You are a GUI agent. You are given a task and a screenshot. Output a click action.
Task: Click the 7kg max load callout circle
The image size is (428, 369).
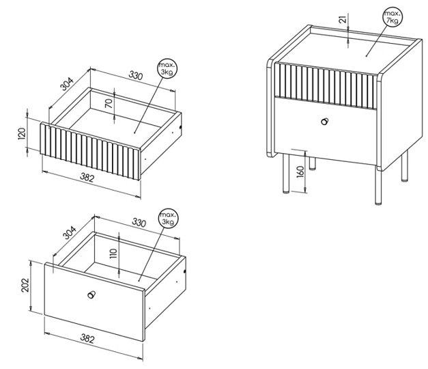(x=393, y=16)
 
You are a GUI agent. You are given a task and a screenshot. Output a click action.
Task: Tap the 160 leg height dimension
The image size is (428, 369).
(x=300, y=172)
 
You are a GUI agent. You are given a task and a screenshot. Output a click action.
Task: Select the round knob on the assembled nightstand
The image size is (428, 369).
(x=325, y=122)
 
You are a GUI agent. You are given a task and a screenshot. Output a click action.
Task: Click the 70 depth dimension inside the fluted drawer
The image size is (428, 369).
(x=109, y=103)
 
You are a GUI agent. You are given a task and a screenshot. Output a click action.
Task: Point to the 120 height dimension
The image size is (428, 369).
(x=22, y=134)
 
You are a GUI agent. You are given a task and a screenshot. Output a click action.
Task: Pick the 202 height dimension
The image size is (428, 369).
(x=25, y=285)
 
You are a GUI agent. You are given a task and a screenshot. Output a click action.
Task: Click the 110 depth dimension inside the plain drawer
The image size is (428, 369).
(x=113, y=254)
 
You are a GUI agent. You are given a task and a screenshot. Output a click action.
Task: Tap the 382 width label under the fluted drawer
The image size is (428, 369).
(x=87, y=178)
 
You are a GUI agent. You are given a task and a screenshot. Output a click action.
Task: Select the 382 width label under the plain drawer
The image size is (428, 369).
(x=87, y=339)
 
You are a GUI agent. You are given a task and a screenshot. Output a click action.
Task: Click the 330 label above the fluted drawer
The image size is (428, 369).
(x=136, y=75)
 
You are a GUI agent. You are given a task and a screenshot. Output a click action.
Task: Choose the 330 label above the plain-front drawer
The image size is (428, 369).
(x=139, y=223)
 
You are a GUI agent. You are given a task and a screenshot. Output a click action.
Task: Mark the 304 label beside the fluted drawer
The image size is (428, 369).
(x=67, y=84)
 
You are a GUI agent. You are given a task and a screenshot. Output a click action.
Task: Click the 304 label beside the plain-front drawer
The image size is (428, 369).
(x=70, y=232)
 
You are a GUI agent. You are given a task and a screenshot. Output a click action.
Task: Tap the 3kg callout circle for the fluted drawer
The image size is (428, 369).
(x=167, y=68)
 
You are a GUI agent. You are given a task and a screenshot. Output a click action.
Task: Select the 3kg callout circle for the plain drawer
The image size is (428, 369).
(x=168, y=218)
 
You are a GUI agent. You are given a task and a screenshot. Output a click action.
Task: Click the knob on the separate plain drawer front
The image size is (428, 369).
(x=91, y=295)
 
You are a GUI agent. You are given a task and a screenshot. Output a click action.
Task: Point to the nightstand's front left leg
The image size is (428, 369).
(x=286, y=174)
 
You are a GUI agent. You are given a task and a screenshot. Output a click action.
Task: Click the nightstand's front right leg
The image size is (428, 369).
(x=378, y=187)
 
